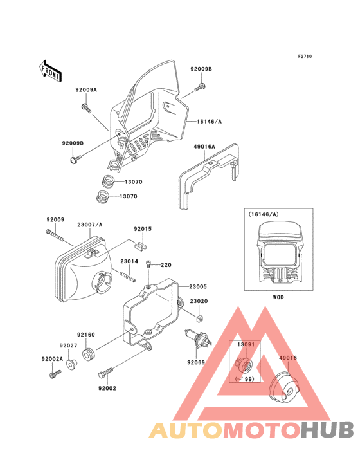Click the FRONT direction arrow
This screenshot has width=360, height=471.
pos(51,69)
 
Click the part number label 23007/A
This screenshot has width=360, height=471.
pos(90,225)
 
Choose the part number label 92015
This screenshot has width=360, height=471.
pos(143,229)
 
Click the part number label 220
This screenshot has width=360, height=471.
pos(166,265)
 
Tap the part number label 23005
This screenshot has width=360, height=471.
pos(197,286)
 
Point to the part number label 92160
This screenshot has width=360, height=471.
pos(86,335)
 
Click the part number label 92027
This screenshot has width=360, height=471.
pos(69,346)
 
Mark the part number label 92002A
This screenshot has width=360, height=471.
pos(51,358)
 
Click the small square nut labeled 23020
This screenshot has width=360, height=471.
pos(199,317)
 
